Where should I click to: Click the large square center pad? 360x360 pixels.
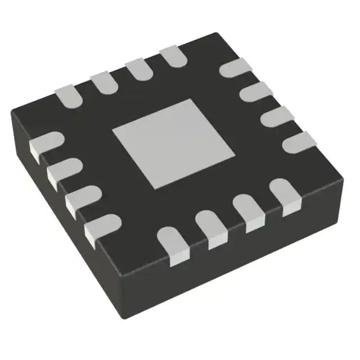[173, 144]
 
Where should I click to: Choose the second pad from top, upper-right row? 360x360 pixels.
[253, 92]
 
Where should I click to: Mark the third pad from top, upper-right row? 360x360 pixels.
[275, 115]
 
